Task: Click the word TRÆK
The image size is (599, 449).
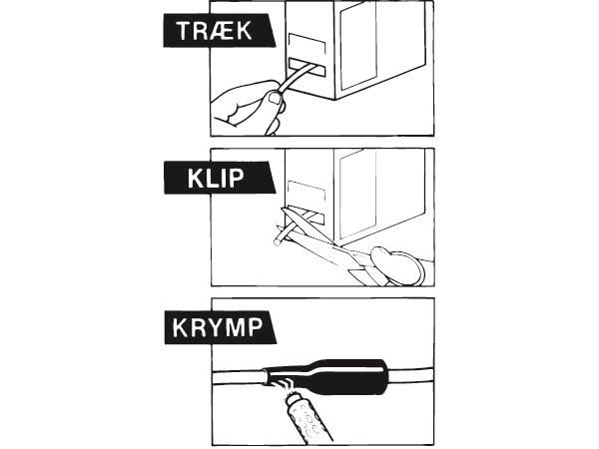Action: pyautogui.click(x=215, y=31)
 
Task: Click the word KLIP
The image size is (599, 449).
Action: pyautogui.click(x=216, y=178)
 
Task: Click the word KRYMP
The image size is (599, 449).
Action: pyautogui.click(x=218, y=327)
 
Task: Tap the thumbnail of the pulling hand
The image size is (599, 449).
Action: pyautogui.click(x=275, y=99)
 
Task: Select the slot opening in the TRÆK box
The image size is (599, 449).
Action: pyautogui.click(x=307, y=68)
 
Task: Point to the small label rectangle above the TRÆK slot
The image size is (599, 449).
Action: pyautogui.click(x=307, y=45)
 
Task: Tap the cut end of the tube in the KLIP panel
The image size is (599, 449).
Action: pyautogui.click(x=278, y=241)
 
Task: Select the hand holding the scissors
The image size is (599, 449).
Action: pyautogui.click(x=397, y=266)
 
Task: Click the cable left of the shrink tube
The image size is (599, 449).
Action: pyautogui.click(x=238, y=378)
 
